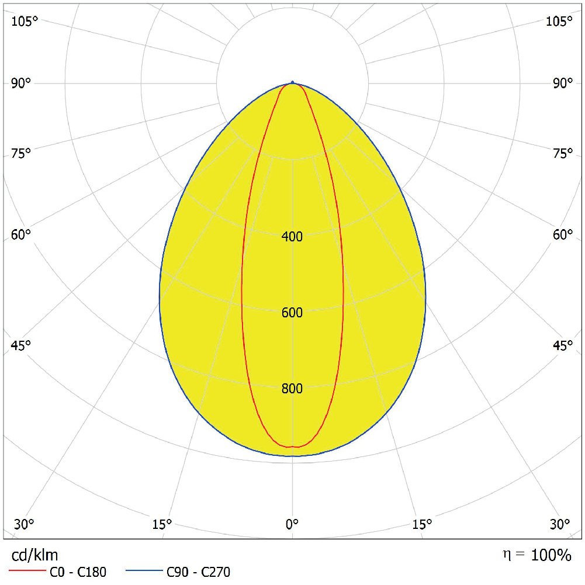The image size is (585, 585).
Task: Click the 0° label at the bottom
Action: pos(292,523)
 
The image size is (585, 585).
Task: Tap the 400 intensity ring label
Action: pos(292,237)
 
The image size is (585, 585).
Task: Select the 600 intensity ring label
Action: pos(292,313)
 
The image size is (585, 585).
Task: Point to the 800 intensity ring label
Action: pos(292,389)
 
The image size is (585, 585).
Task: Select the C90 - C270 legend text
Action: pos(199,572)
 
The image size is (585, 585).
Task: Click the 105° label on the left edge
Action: pos(25,22)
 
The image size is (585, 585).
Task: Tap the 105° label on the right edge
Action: pos(559,22)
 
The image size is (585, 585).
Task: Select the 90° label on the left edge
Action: pos(21,84)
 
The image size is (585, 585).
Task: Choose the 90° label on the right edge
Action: pos(563,84)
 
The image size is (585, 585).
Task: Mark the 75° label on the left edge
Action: pos(21,154)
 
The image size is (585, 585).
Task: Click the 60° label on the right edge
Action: pos(563,235)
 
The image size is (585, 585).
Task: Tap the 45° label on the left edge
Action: pos(21,345)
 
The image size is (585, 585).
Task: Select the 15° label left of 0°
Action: pos(162,523)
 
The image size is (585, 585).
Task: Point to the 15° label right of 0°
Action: pos(423,523)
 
